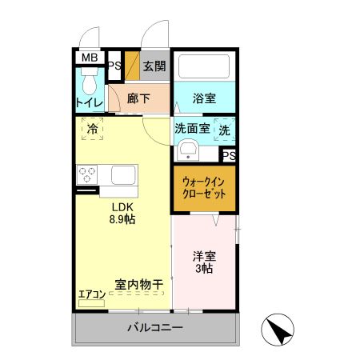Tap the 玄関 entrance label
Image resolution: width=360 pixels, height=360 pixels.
tap(154, 66)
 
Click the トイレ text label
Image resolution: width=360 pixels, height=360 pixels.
tap(89, 102)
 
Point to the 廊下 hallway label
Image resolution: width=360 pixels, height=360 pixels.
tap(138, 99)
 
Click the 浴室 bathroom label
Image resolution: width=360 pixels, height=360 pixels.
tap(204, 99)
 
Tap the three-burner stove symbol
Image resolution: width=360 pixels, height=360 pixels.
tap(87, 174)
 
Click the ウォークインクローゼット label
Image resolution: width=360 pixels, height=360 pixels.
tap(203, 188)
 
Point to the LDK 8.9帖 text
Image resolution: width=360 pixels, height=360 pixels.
tap(122, 213)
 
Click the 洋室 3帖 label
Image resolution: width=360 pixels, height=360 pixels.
tap(203, 262)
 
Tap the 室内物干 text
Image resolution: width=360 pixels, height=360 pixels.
tap(138, 284)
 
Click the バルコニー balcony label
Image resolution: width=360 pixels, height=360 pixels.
tap(155, 327)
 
